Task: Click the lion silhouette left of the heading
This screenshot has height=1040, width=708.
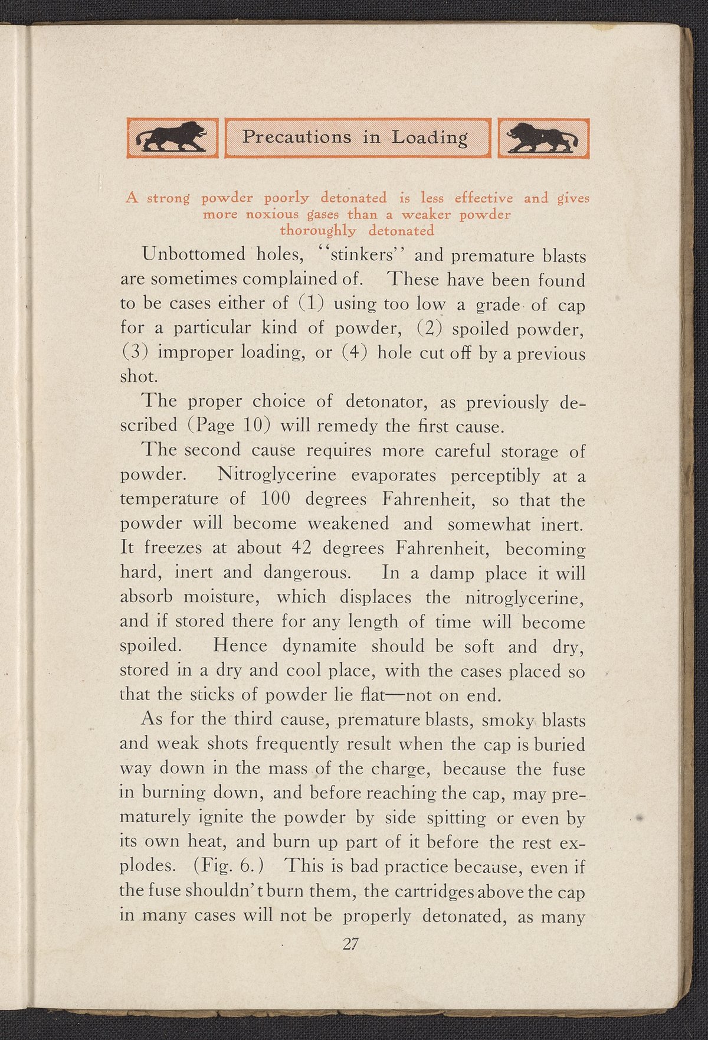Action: point(172,138)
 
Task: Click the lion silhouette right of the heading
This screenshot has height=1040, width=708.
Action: point(543,138)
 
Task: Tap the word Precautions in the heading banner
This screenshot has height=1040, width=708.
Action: point(297,138)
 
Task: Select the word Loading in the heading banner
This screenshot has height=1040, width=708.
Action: point(430,138)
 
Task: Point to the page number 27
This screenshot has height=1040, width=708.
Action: point(350,944)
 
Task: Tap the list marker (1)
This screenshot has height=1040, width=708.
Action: point(310,304)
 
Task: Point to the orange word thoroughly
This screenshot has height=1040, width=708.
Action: point(318,230)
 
